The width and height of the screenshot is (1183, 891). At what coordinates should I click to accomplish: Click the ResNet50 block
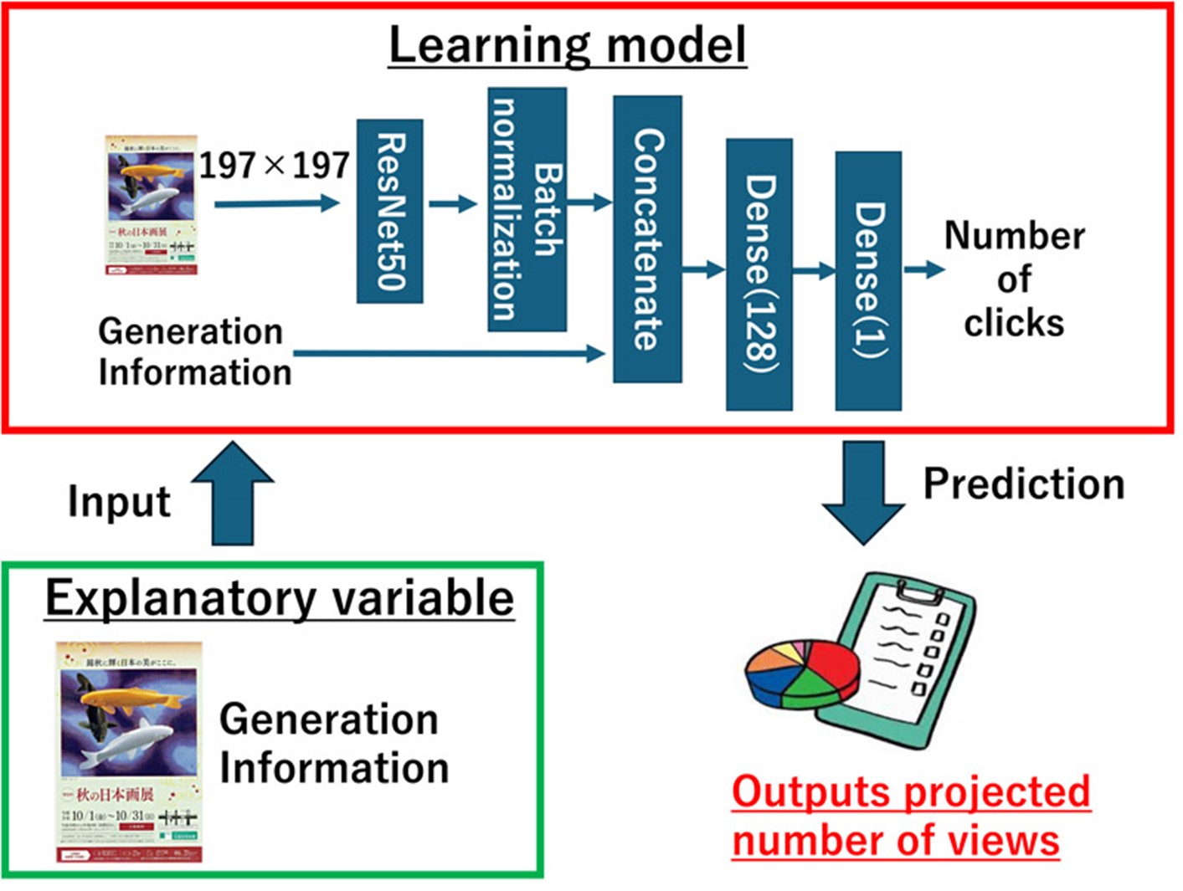(389, 211)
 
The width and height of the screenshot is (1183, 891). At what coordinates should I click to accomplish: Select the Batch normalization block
(527, 209)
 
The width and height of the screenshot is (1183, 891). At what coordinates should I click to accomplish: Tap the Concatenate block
(647, 239)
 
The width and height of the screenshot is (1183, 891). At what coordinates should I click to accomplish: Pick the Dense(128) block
(759, 274)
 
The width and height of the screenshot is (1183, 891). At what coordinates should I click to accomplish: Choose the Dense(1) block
(868, 280)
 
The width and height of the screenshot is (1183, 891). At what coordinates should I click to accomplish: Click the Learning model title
(568, 45)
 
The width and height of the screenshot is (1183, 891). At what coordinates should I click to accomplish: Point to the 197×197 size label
(274, 165)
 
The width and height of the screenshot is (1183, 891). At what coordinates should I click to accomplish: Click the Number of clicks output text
(1014, 279)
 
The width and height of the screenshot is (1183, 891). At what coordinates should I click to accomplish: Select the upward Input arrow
(233, 494)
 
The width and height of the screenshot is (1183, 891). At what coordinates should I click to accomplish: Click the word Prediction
(1023, 484)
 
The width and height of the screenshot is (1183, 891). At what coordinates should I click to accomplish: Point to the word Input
(119, 502)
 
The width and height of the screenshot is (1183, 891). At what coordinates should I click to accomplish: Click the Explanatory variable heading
(280, 598)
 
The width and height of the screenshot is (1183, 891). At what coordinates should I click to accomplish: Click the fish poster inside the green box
(129, 752)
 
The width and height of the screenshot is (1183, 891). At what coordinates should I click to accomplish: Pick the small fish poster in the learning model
(151, 205)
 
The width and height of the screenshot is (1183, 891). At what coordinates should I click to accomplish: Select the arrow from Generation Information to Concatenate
(449, 354)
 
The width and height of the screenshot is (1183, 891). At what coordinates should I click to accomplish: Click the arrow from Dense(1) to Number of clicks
(923, 269)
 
